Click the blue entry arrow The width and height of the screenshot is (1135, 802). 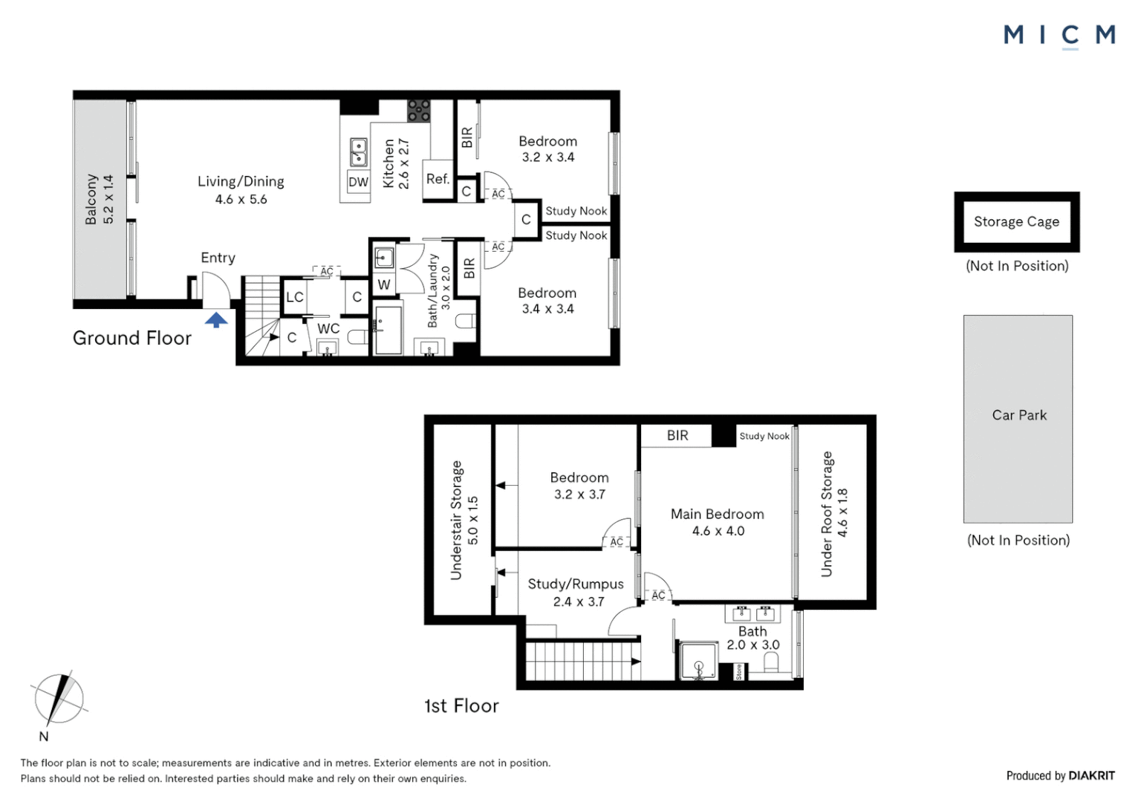click(216, 319)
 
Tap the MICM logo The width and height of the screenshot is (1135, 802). click(1059, 36)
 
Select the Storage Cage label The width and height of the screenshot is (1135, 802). click(1016, 221)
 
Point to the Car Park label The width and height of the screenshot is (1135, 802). click(1019, 415)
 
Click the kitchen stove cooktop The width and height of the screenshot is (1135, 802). click(419, 111)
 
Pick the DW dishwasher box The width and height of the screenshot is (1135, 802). click(358, 182)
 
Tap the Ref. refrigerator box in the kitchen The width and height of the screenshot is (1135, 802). click(438, 180)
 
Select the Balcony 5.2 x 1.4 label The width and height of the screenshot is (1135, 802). click(100, 199)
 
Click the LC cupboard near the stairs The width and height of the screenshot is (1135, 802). click(294, 296)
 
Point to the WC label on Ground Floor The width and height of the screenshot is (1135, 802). click(328, 328)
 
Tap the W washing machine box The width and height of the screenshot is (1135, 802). click(383, 284)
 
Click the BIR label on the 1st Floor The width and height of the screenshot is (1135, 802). click(677, 435)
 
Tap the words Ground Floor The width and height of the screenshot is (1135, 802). click(131, 338)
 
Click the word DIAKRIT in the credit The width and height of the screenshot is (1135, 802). click(1092, 775)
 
